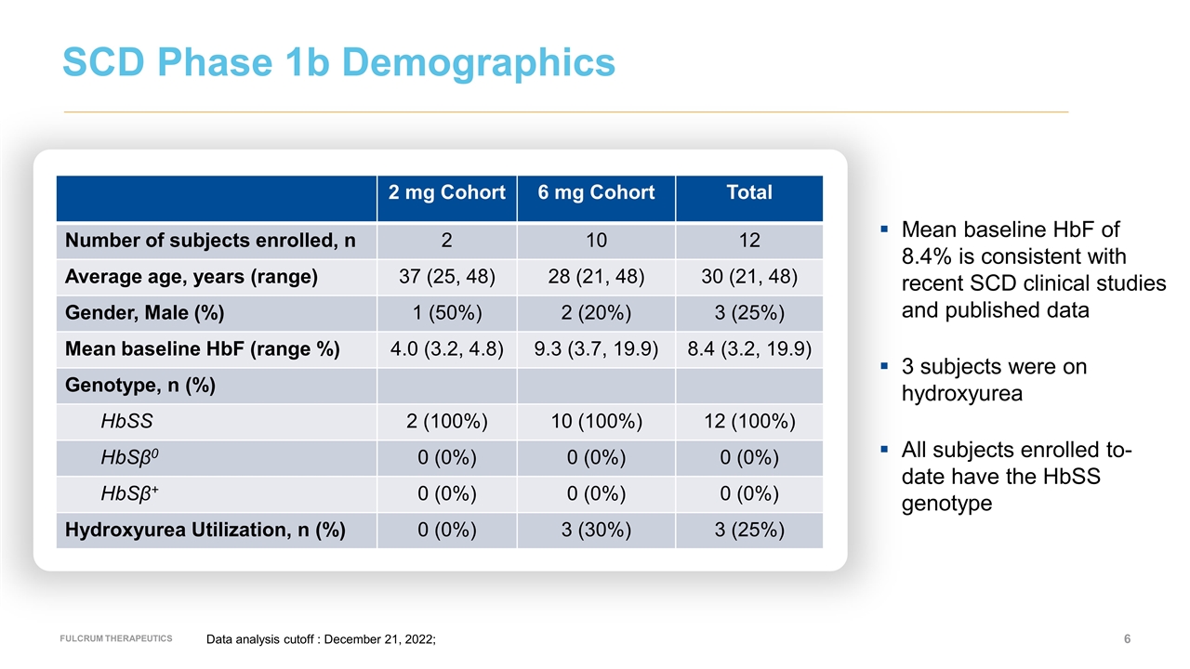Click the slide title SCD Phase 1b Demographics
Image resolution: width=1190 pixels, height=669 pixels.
point(338,62)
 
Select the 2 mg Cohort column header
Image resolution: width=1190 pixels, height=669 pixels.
point(446,192)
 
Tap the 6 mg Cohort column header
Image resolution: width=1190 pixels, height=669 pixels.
point(596,192)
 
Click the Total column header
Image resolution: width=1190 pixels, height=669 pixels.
point(748,192)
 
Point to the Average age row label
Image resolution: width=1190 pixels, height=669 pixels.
point(191,277)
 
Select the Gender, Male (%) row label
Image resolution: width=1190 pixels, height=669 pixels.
point(144,313)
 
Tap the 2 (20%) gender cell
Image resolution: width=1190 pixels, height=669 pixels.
point(596,313)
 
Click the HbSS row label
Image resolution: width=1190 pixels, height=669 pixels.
point(127,422)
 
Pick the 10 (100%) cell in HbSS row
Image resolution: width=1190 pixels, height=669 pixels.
point(596,422)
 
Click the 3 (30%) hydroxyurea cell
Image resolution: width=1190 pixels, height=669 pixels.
point(596,531)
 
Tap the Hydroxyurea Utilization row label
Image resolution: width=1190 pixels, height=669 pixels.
point(205,531)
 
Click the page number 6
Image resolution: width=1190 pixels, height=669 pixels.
point(1127,638)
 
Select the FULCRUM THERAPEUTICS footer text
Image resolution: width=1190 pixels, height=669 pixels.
point(116,638)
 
